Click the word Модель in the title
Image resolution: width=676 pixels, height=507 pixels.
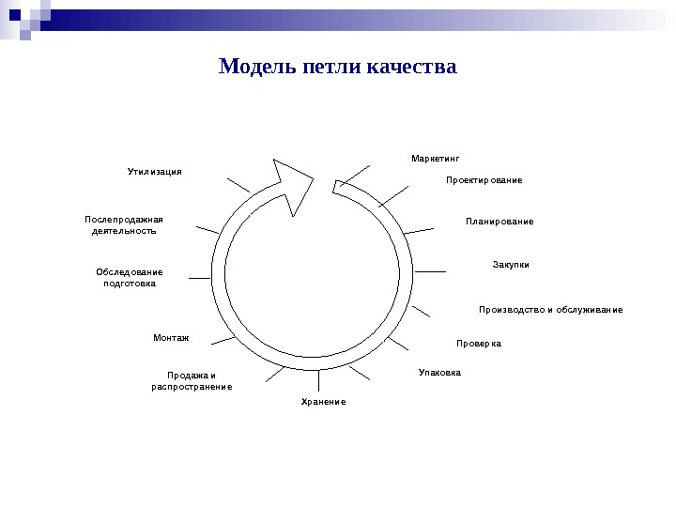[254, 68]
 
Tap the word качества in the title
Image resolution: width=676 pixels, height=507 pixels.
[411, 68]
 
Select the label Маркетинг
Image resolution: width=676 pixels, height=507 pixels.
[436, 158]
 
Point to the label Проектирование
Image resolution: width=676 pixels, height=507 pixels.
[484, 179]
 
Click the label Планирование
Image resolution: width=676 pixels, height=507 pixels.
[499, 222]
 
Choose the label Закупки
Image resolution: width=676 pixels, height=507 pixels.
[511, 265]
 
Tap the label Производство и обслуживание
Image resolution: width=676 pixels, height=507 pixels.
[550, 310]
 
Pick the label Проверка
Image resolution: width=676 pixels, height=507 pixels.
[479, 344]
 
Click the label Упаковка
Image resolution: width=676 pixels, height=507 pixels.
[439, 373]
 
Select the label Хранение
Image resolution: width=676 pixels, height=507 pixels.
[323, 402]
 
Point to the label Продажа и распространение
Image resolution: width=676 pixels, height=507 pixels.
[192, 380]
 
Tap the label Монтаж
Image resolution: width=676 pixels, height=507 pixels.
[171, 336]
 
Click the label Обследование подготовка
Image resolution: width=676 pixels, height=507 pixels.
[130, 277]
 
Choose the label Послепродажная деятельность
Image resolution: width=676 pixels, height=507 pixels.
[124, 224]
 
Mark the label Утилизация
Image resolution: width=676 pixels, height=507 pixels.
[154, 172]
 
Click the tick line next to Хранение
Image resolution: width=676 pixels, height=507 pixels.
[319, 381]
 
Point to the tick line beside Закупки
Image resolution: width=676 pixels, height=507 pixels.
[430, 271]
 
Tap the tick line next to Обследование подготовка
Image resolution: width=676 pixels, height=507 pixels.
[200, 277]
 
